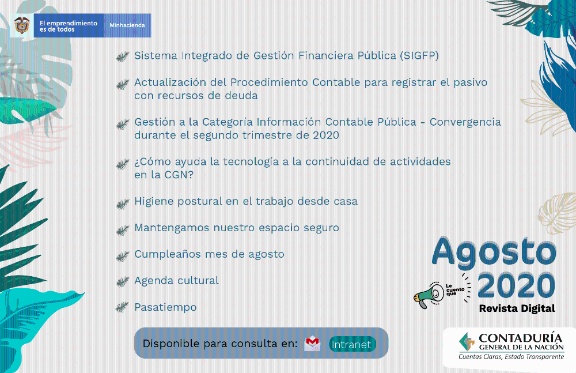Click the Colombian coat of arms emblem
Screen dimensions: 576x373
click(x=22, y=25)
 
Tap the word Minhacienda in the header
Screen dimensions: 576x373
click(x=127, y=25)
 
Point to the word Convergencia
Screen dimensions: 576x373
click(x=465, y=122)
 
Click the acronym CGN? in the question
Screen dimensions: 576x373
click(x=179, y=175)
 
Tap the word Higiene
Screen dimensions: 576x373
click(x=154, y=201)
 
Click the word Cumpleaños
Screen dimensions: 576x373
click(x=168, y=254)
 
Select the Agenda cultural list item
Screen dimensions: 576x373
click(x=176, y=281)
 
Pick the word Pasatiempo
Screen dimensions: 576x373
click(x=165, y=307)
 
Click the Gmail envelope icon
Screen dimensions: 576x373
click(x=312, y=344)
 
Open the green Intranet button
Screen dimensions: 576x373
click(x=352, y=344)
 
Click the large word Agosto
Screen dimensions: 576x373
click(x=494, y=252)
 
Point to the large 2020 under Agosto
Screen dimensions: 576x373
click(x=516, y=286)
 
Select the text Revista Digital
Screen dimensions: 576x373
click(x=517, y=308)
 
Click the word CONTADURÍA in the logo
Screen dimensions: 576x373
click(x=521, y=338)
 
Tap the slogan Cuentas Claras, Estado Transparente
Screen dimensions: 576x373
click(x=511, y=356)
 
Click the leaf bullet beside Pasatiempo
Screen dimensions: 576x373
click(x=123, y=307)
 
